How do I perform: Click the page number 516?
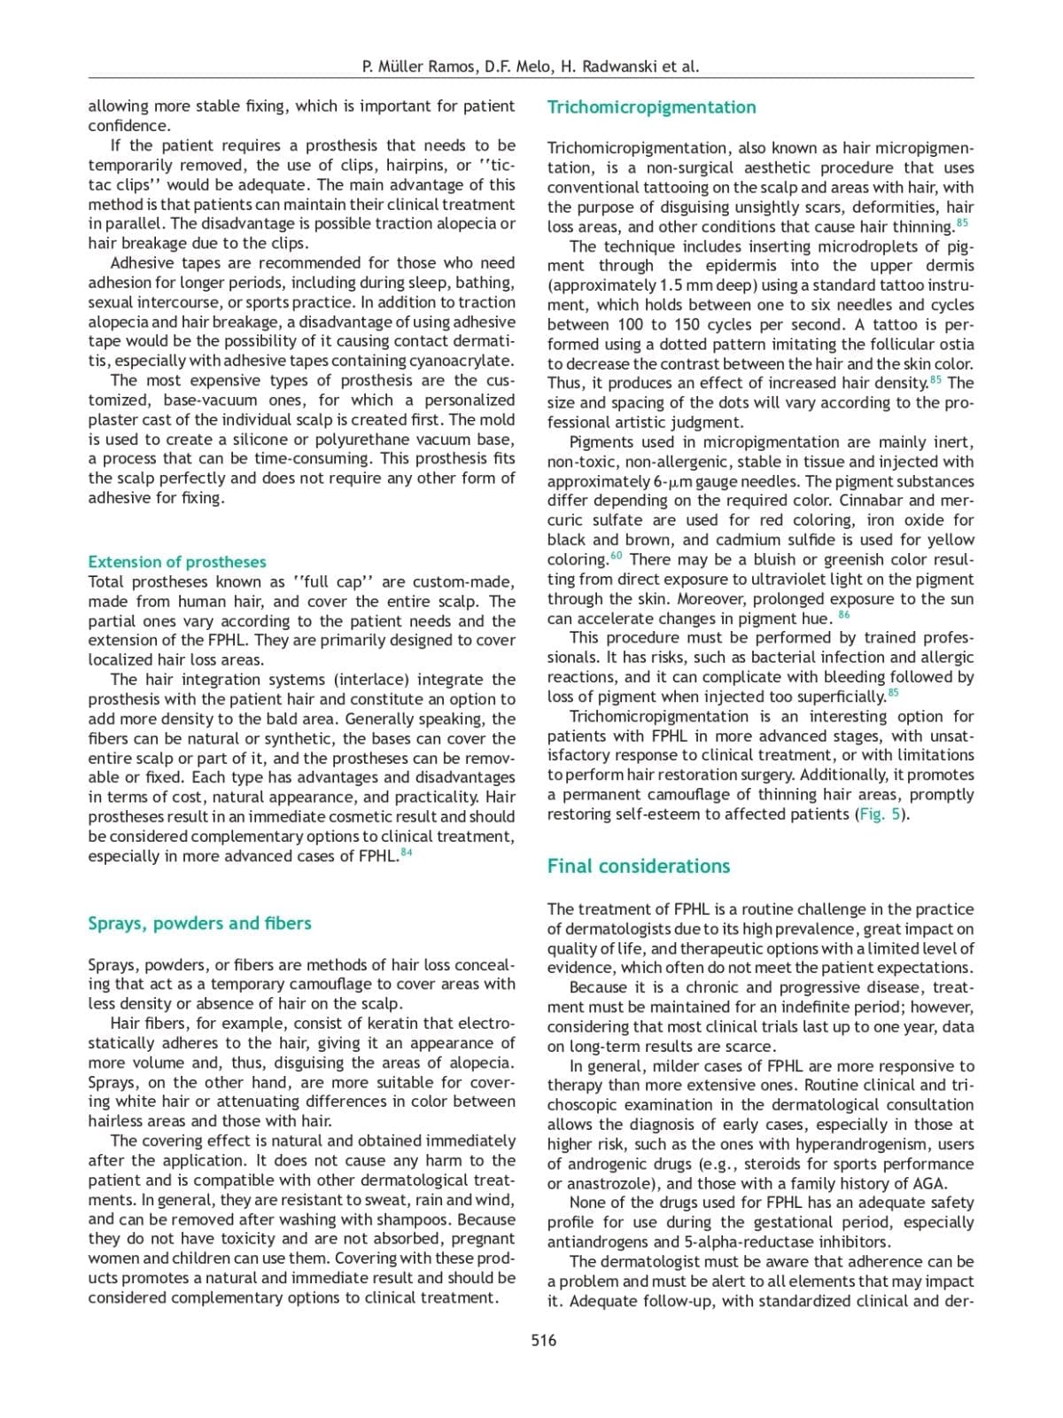544,1340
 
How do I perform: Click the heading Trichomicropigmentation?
651,107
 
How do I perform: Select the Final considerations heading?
638,866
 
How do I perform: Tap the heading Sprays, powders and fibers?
199,923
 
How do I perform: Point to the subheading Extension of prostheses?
176,562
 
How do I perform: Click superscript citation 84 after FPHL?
407,853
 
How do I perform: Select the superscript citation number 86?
843,614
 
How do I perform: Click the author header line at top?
531,66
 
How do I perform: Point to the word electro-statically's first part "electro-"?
488,1024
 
